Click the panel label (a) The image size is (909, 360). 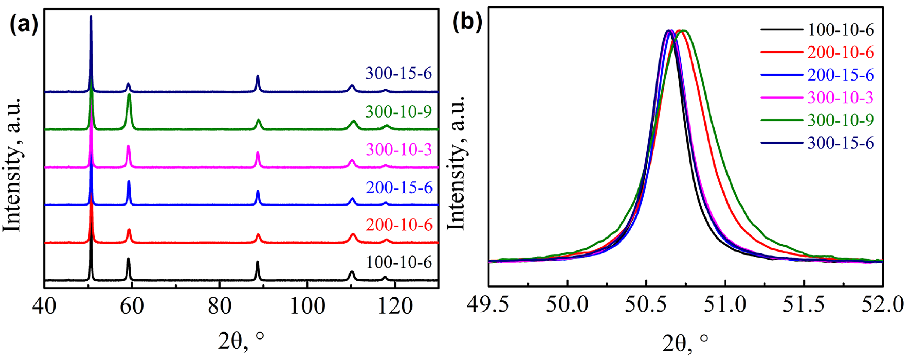23,25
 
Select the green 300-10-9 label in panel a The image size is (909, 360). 398,112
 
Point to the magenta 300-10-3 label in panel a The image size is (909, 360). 399,150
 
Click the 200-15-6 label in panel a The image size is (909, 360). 399,187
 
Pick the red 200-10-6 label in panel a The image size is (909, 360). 399,225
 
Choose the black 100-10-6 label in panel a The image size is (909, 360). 399,262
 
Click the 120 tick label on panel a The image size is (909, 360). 395,306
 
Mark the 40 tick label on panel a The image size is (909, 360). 44,306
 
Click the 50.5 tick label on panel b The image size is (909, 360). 646,304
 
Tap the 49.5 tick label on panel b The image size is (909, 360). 488,304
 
